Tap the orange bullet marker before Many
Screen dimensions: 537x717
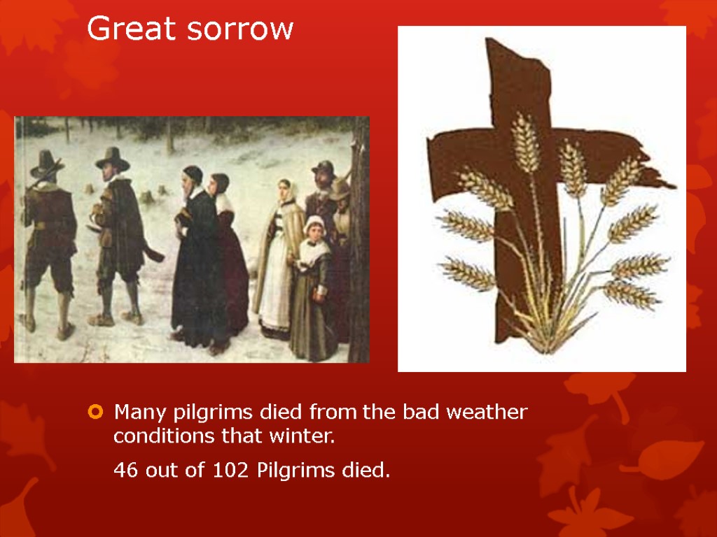coord(95,412)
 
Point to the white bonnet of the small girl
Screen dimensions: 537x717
coord(314,224)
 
